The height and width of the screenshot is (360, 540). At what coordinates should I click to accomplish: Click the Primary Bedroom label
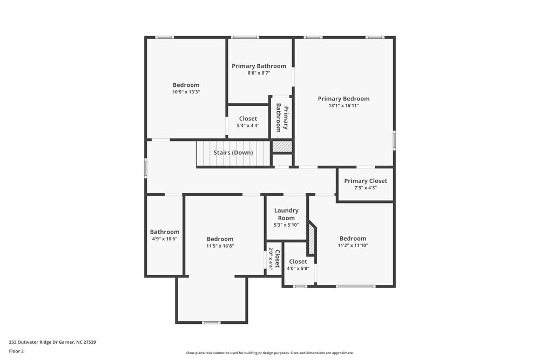coord(343,99)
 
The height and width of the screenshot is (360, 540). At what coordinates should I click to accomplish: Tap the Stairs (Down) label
coord(233,153)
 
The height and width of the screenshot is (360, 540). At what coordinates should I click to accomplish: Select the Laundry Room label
coord(286,214)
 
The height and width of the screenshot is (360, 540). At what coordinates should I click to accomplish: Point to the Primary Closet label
coord(366,181)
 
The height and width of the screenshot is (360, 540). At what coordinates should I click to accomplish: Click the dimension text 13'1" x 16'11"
coord(343,106)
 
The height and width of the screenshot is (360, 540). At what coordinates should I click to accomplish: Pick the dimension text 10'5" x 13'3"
coord(186,92)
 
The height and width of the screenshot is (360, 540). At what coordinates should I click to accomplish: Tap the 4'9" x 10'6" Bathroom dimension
coord(165,239)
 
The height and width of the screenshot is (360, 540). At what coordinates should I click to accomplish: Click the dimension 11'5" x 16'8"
coord(220,246)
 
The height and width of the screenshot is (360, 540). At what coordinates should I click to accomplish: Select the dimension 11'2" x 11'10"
coord(353,245)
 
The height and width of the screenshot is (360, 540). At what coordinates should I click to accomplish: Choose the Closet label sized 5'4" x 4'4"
coord(248,119)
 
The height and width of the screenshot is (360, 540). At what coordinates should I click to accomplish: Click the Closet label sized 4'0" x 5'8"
coord(298,262)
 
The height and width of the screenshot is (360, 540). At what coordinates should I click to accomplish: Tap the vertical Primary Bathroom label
coord(282,118)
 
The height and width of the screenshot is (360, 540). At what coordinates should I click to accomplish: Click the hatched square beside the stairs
coord(282,146)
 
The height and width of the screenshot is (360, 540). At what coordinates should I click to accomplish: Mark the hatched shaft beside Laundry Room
coord(312,237)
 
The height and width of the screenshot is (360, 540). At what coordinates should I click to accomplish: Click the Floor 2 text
coord(16,351)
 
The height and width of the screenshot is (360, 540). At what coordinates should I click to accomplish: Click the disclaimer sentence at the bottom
coord(270,353)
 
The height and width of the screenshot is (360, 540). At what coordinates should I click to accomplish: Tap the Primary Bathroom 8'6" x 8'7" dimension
coord(259,73)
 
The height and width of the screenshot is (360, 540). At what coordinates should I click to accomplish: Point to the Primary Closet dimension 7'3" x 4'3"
coord(366,188)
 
